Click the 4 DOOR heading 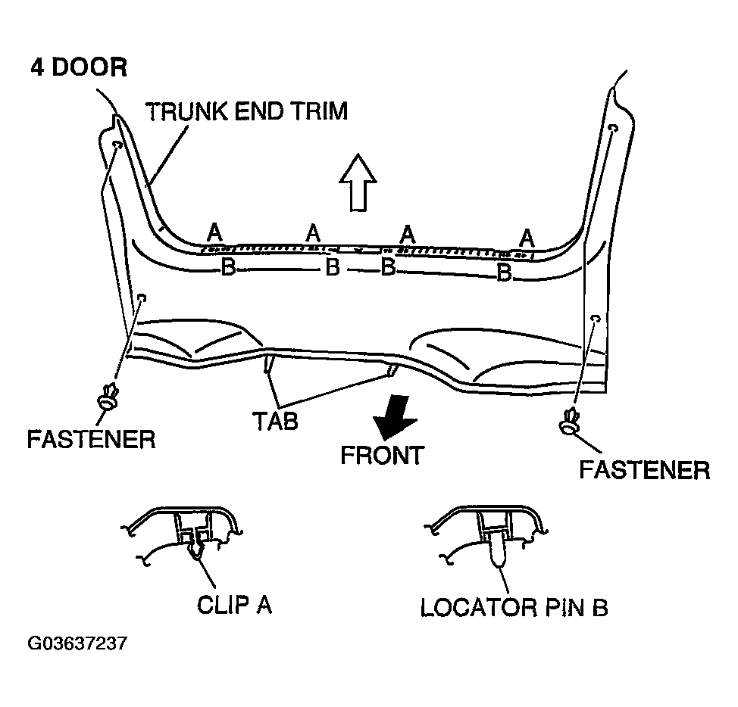[x=79, y=67]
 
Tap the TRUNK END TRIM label [x=247, y=111]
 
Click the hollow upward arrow [x=358, y=182]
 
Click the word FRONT [x=383, y=456]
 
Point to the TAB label [x=275, y=421]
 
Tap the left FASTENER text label [x=92, y=440]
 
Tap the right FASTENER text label [x=645, y=469]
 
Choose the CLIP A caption [x=234, y=605]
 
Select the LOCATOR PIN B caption [x=514, y=607]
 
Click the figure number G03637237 [x=77, y=643]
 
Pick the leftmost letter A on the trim [x=214, y=232]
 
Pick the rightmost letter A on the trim [x=527, y=238]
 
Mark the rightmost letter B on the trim [x=505, y=272]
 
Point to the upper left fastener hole [x=117, y=145]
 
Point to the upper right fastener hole [x=613, y=128]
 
